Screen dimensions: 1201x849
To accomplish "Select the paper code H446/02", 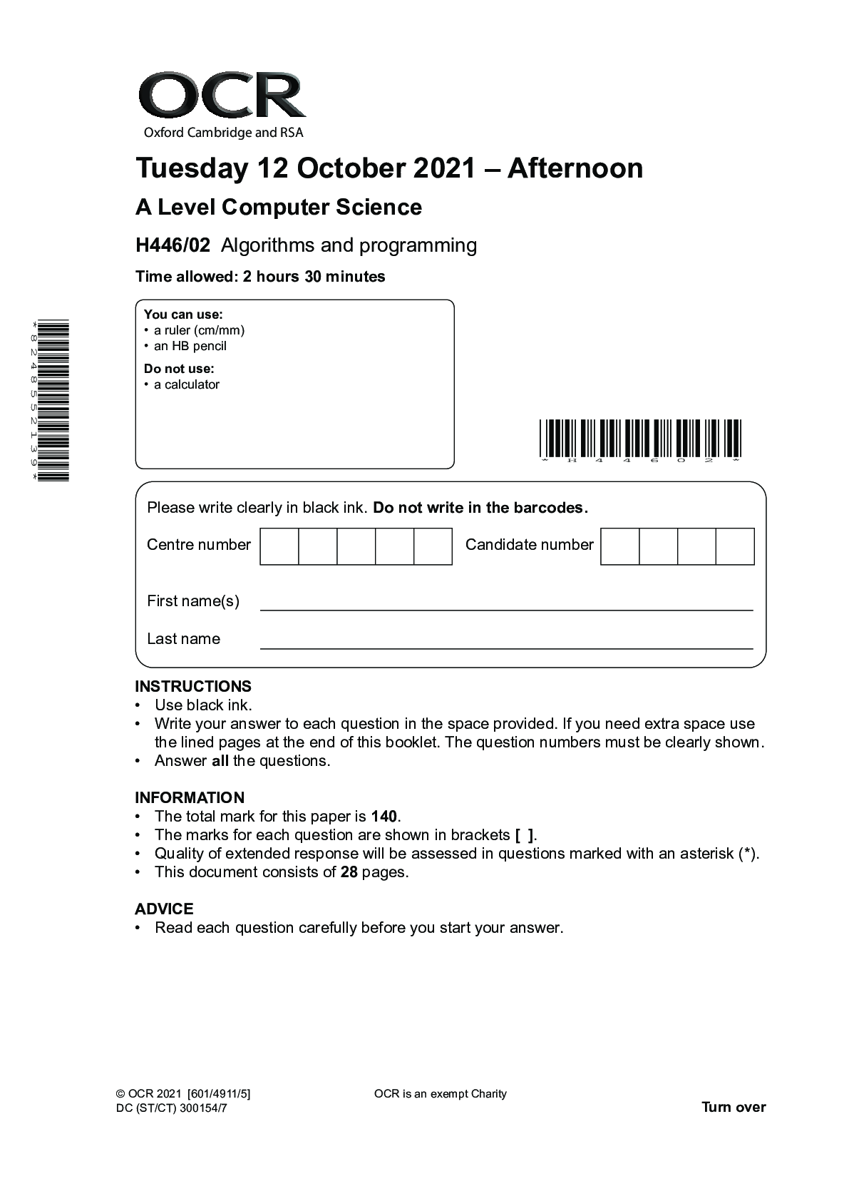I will [173, 245].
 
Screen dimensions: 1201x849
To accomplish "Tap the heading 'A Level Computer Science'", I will [278, 208].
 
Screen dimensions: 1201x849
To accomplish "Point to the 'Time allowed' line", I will [260, 277].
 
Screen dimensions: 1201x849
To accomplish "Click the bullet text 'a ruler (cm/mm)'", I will [199, 330].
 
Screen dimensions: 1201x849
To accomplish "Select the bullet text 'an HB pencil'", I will [190, 346].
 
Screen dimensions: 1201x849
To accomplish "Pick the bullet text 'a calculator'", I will [186, 384].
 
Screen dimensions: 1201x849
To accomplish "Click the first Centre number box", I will [279, 546].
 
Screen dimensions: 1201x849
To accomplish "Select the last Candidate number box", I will [734, 546].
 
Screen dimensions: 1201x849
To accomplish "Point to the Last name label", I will [183, 639].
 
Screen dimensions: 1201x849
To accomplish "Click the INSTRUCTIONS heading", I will [192, 686].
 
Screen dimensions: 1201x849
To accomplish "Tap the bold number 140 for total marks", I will [385, 817].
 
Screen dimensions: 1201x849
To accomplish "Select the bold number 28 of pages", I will [349, 872].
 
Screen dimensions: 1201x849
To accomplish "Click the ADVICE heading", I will [164, 909].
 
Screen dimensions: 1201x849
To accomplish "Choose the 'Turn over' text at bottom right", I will [734, 1107].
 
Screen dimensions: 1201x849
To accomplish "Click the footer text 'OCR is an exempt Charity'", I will [440, 1093].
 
